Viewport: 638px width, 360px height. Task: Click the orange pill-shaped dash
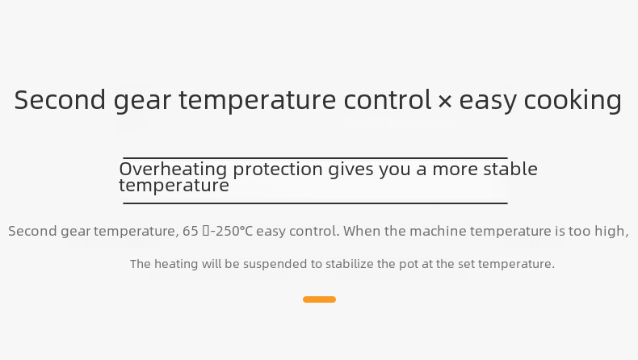point(320,299)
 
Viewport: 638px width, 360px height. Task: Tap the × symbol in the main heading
point(445,101)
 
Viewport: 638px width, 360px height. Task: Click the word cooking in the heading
point(573,100)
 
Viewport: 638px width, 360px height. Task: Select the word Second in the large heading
point(61,99)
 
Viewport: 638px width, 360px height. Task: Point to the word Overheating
point(173,169)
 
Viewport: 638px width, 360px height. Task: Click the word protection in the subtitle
point(278,170)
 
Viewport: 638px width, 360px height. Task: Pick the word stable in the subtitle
point(510,169)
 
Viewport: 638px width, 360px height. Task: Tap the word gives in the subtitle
point(350,170)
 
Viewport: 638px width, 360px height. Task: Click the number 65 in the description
point(190,231)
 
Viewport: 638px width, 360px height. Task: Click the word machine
point(438,231)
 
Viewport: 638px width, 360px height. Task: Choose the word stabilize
point(350,264)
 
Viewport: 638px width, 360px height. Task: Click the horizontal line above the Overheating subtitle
point(315,158)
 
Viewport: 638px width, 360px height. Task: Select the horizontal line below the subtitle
point(315,203)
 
